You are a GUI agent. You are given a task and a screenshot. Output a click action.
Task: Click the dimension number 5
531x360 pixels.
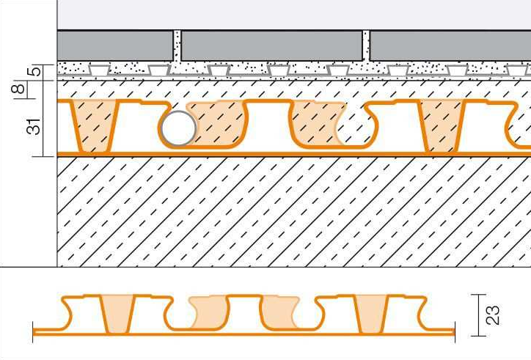[x=36, y=72]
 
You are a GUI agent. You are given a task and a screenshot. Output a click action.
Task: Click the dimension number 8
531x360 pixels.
[x=18, y=89]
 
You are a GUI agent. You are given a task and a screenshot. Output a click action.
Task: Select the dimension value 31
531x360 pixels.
[x=34, y=127]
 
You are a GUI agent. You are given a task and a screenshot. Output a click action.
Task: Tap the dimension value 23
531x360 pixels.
[x=493, y=315]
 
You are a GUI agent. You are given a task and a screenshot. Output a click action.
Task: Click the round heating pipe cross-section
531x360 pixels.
[x=179, y=128]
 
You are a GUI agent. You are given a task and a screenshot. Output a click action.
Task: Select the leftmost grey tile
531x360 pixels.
[x=115, y=46]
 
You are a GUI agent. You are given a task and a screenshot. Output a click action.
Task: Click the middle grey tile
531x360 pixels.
[x=271, y=46]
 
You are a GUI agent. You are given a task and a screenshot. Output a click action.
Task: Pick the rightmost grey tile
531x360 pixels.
[x=450, y=46]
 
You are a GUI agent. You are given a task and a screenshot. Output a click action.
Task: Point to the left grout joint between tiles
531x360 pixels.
[x=177, y=46]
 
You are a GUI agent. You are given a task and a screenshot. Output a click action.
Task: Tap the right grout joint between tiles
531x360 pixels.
[x=366, y=46]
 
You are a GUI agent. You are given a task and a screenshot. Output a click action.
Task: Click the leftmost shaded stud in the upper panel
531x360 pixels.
[x=95, y=126]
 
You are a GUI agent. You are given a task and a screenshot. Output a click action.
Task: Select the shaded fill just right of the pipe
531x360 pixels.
[x=219, y=124]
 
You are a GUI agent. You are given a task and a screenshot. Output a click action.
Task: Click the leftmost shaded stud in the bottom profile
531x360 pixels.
[x=116, y=314]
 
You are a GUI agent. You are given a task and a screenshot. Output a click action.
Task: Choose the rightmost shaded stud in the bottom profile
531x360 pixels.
[x=372, y=314]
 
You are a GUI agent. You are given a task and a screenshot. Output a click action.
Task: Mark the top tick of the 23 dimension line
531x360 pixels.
[x=478, y=295]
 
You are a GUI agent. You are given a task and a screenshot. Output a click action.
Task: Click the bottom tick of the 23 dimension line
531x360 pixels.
[x=478, y=336]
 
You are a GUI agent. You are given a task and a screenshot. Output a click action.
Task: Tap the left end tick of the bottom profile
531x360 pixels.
[x=33, y=332]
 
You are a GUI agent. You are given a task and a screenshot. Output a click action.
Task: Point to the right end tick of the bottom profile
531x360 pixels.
[x=455, y=332]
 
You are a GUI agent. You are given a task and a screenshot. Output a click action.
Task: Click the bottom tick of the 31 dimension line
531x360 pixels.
[x=43, y=156]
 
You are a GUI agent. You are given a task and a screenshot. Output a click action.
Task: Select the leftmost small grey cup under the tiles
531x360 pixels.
[x=99, y=70]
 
